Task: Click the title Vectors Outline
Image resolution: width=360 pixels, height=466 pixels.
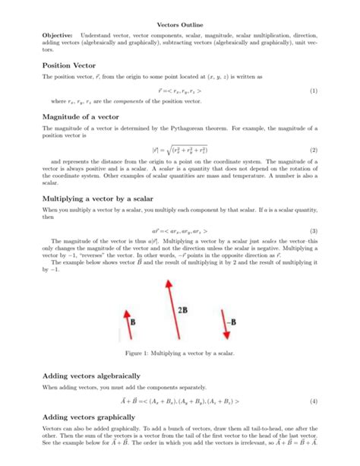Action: (x=179, y=24)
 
